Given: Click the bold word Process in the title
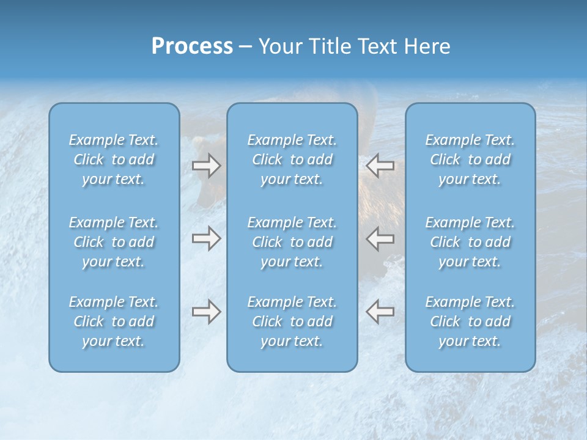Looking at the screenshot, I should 192,46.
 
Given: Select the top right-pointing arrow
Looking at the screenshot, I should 206,166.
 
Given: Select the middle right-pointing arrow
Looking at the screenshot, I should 206,238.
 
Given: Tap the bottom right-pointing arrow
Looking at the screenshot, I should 206,312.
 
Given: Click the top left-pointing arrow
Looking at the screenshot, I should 380,166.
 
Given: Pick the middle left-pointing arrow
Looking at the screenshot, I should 380,238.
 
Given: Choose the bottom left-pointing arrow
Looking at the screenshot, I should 380,312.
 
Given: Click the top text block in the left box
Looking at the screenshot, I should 114,159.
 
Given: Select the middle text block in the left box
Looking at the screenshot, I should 114,242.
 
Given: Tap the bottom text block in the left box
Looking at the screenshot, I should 114,321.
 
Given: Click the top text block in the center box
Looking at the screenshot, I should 292,159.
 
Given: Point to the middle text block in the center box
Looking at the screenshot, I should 292,242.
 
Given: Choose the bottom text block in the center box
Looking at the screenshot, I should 292,321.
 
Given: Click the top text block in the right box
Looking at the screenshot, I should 470,159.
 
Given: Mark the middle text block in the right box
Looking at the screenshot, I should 470,242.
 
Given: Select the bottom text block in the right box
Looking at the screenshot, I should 470,321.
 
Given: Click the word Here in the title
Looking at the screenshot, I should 428,46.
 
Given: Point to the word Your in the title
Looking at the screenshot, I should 279,46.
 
